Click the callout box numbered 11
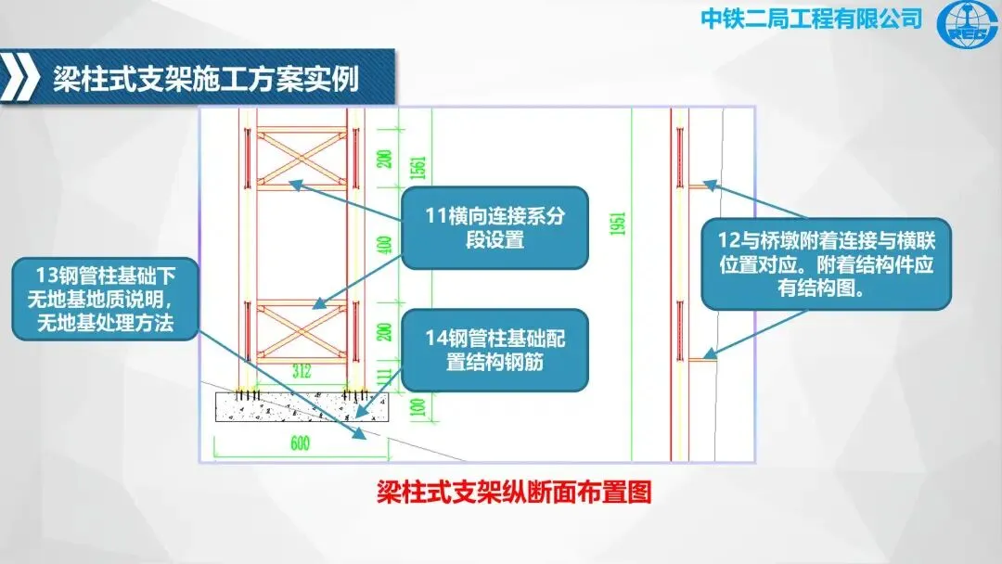point(495,228)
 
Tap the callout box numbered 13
point(105,299)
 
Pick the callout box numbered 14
point(495,351)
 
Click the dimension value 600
point(299,443)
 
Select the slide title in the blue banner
point(206,78)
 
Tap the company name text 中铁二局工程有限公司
point(811,19)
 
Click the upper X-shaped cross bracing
point(302,158)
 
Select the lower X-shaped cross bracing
point(302,331)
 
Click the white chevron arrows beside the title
point(20,78)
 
